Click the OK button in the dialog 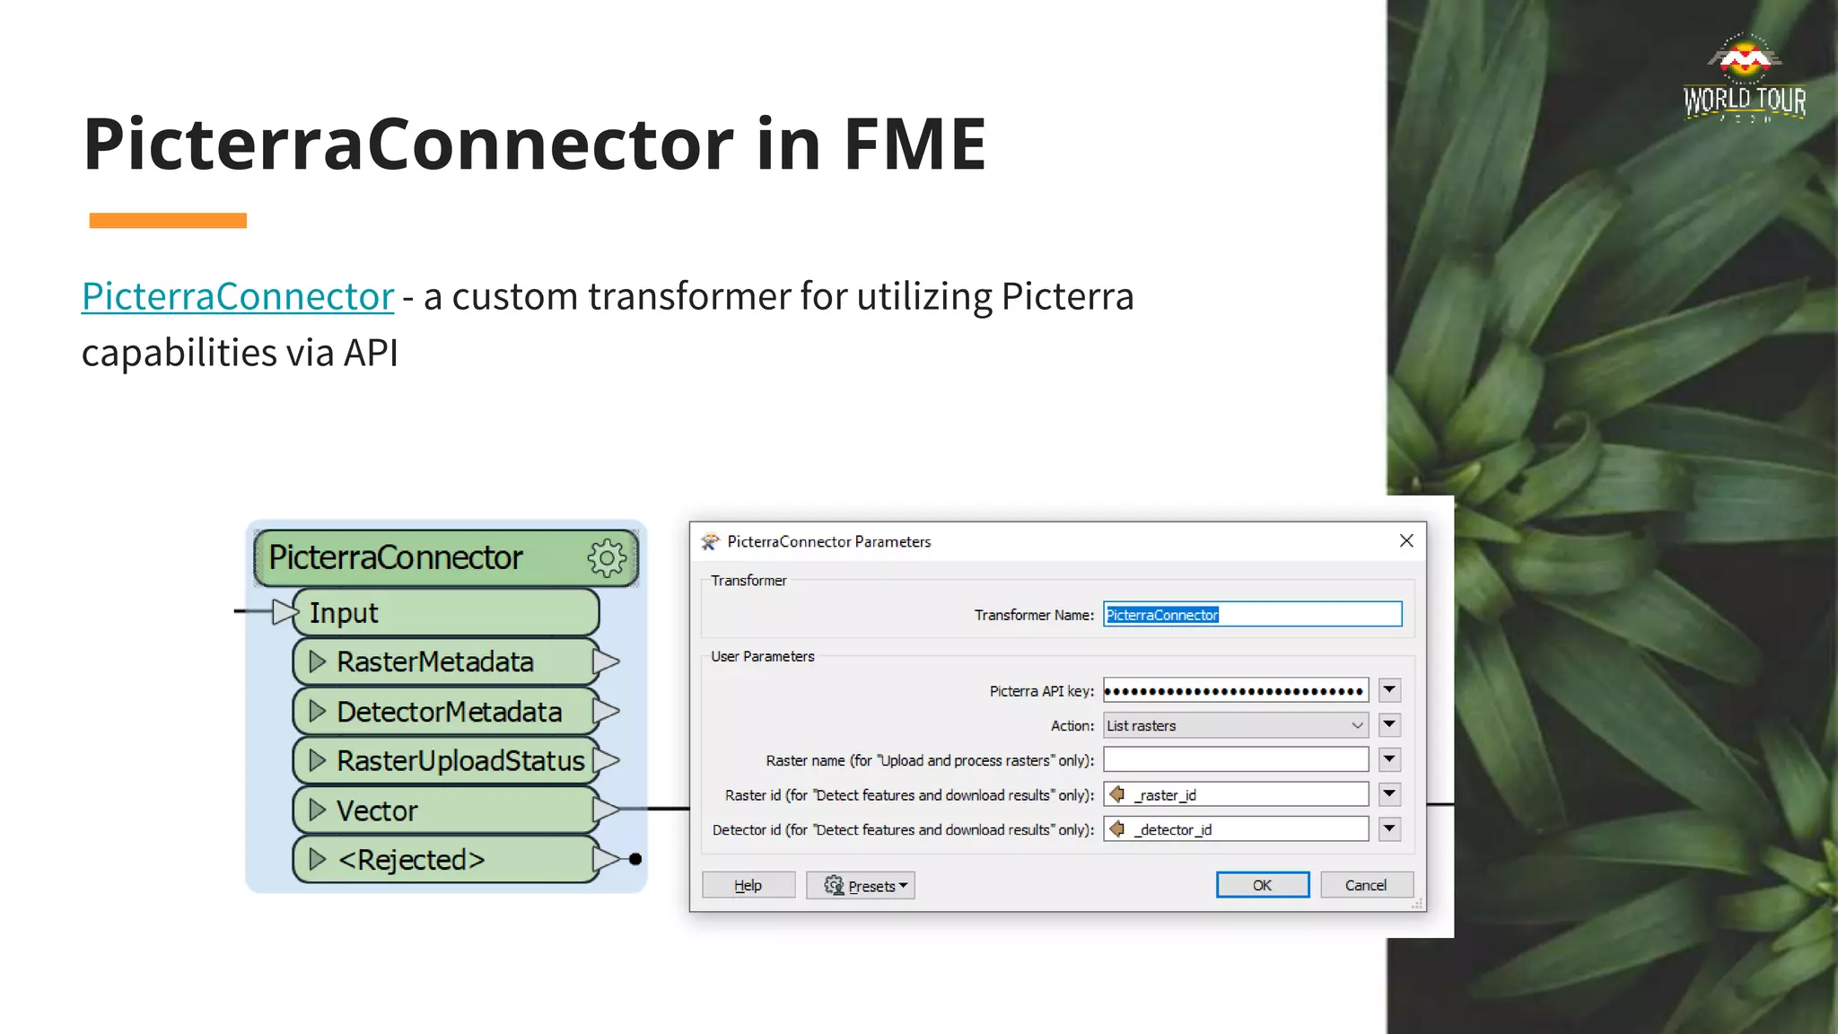[1262, 885]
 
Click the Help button [748, 885]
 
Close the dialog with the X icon [1406, 540]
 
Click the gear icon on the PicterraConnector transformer [608, 558]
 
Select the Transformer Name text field [1252, 615]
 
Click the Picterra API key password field [1235, 690]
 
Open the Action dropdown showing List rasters [1235, 725]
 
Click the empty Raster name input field [1235, 760]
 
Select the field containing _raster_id [1235, 795]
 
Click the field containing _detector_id [1235, 829]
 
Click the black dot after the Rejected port [635, 859]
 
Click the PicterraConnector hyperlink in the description [238, 296]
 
